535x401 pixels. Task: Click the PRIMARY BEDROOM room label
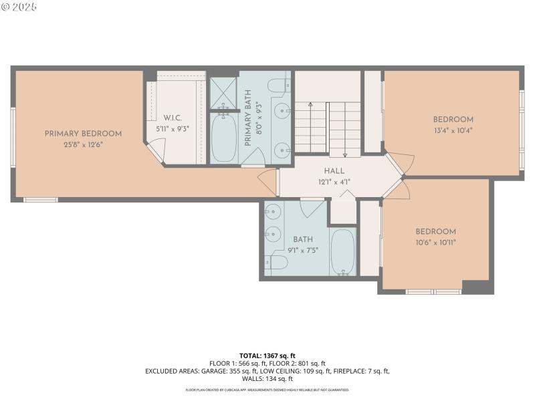tap(83, 134)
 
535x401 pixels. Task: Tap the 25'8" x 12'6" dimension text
tap(83, 144)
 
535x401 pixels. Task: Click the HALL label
tap(334, 171)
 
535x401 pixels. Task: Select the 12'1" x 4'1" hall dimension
tap(334, 181)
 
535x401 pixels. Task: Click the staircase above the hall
tap(328, 127)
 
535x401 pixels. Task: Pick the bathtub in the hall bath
tap(342, 251)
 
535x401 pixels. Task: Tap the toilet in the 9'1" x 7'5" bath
tap(276, 263)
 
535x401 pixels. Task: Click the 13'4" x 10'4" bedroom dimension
tap(453, 130)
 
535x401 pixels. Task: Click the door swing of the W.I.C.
tap(156, 148)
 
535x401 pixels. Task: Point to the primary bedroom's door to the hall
tap(269, 182)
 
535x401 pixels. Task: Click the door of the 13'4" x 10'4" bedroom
tap(397, 162)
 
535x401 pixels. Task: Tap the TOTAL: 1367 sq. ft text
tap(267, 355)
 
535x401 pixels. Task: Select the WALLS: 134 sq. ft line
tap(267, 378)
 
